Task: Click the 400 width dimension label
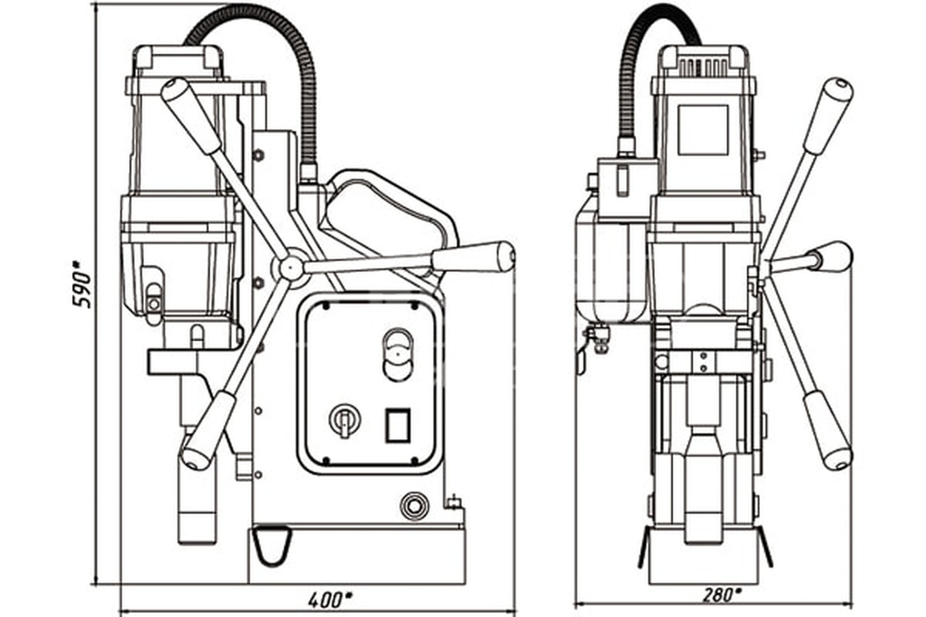pos(330,599)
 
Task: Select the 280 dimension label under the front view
pos(722,595)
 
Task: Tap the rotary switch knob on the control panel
pos(344,420)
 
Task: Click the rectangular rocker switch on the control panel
pos(397,426)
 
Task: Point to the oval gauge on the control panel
pos(397,355)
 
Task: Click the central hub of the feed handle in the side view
pos(291,268)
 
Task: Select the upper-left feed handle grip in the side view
pos(191,116)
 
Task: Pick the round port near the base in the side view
pos(414,504)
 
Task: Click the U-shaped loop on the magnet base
pos(272,546)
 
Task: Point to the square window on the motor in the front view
pos(703,130)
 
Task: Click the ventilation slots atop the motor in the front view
pos(702,67)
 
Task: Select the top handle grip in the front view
pos(829,118)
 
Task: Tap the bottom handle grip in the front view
pos(829,430)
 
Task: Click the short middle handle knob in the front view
pos(832,257)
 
